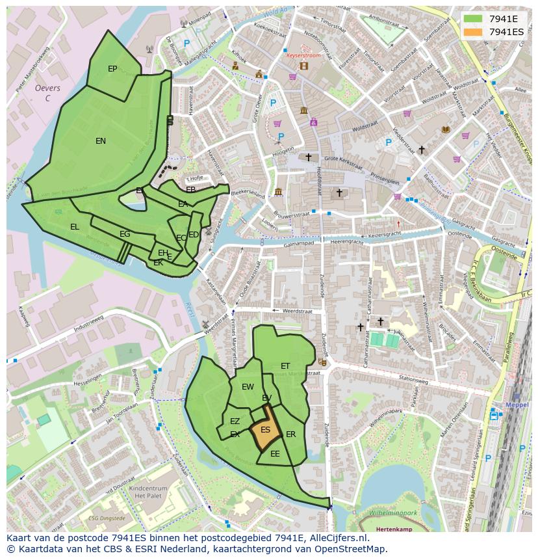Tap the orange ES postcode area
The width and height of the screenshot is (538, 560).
(265, 430)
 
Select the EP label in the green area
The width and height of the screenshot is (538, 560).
(112, 69)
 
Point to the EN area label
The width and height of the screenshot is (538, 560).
(101, 141)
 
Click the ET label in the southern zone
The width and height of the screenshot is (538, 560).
(285, 366)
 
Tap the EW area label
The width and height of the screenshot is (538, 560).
(248, 387)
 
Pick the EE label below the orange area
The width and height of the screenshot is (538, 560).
(275, 454)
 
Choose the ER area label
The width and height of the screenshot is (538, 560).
(291, 434)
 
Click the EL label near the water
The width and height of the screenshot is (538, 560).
(75, 227)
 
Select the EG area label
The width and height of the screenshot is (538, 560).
(125, 234)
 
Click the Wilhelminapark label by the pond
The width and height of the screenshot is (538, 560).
(392, 513)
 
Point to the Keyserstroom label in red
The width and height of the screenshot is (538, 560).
(304, 56)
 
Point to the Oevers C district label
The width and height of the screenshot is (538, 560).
(47, 93)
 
